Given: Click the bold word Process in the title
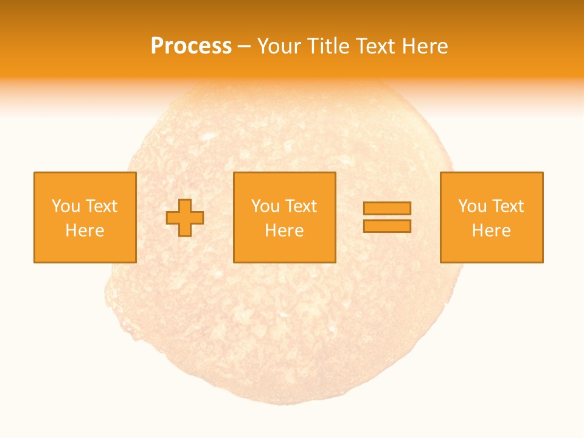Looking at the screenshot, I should click(191, 46).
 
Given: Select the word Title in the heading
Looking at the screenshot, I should click(331, 46).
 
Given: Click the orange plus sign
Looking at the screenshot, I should click(185, 218).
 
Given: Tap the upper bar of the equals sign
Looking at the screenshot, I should click(387, 208).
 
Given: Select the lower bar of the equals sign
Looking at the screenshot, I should click(387, 226).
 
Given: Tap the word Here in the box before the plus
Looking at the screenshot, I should click(85, 231).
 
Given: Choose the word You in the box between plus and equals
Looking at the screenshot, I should click(265, 206).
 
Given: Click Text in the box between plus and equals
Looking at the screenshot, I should click(301, 206).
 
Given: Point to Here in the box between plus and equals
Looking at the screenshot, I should click(284, 231).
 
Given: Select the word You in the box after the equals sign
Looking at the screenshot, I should click(472, 206).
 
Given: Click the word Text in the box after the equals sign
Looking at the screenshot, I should click(507, 206).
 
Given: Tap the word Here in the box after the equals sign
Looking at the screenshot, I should click(491, 231).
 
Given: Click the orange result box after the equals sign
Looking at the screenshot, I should click(492, 249).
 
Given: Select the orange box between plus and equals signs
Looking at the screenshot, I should click(285, 249).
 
